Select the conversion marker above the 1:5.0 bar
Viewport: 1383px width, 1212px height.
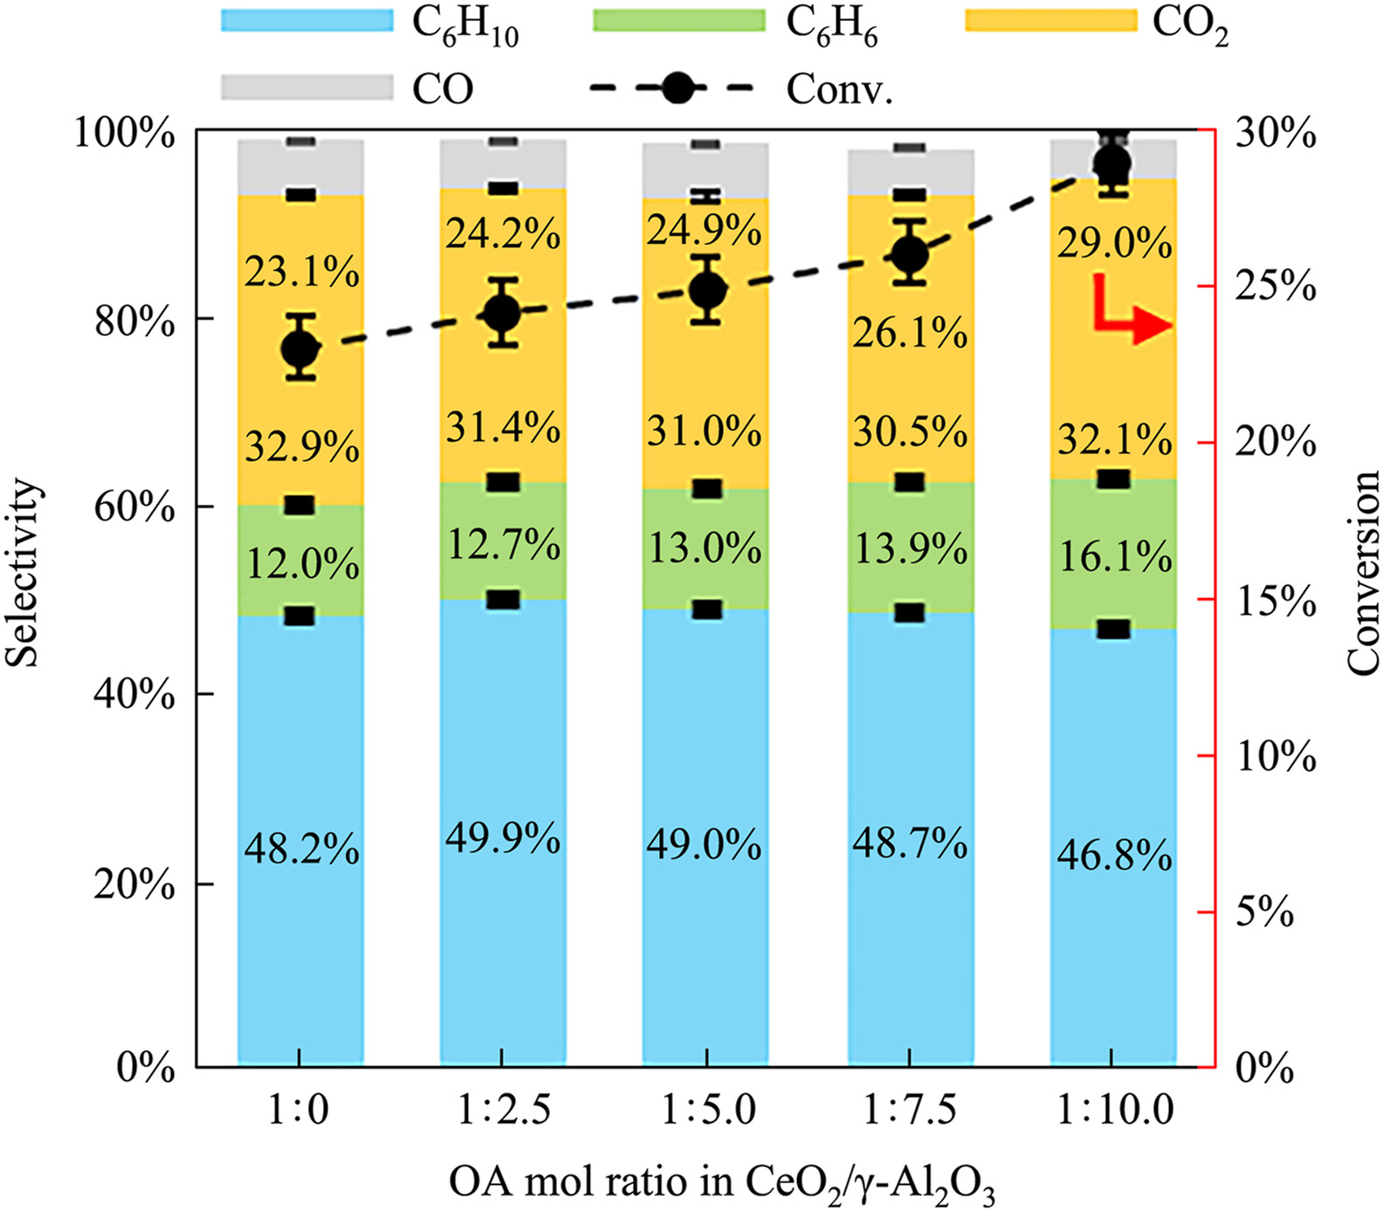pos(706,290)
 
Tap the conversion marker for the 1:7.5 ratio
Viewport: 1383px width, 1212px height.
pos(910,255)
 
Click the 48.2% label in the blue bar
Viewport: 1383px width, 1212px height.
pos(301,848)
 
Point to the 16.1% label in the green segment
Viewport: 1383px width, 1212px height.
pos(1115,556)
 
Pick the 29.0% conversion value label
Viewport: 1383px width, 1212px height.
pos(1115,243)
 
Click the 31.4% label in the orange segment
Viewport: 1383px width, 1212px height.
pos(503,427)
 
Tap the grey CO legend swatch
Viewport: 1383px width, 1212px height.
pos(307,87)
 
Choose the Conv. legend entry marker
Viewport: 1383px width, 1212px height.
pos(676,87)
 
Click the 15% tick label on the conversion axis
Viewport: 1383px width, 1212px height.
pos(1276,601)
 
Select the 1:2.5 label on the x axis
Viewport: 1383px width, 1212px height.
pos(504,1111)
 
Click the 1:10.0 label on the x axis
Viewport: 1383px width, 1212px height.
pos(1115,1111)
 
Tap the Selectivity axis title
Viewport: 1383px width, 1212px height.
pos(24,572)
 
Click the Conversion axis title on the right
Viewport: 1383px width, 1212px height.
pos(1362,572)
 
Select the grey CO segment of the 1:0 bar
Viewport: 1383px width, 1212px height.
pos(299,168)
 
